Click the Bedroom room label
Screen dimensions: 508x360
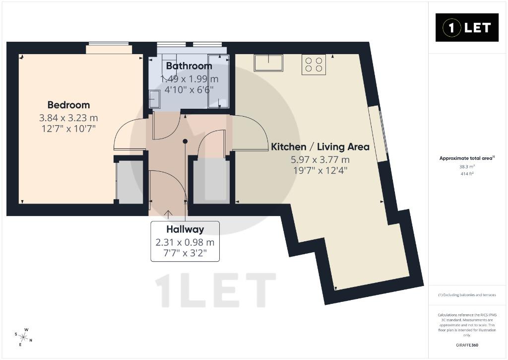(68, 105)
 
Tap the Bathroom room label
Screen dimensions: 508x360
(189, 66)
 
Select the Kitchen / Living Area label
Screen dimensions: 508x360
(320, 147)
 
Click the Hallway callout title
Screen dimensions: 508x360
(185, 229)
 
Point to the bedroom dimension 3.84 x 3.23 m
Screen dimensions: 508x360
(68, 118)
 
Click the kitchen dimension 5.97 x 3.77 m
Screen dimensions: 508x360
(320, 159)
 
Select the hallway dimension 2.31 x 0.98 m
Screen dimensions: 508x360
(185, 242)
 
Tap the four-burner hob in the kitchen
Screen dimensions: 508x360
(314, 65)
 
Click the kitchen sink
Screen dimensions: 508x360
(268, 63)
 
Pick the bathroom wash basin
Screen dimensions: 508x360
(155, 99)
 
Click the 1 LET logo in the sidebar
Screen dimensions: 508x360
(467, 28)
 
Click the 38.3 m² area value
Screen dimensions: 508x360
(467, 167)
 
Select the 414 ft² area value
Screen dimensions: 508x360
(467, 174)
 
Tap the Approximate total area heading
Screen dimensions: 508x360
(467, 158)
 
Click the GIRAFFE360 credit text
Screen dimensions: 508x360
(467, 345)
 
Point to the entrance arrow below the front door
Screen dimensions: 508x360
(168, 214)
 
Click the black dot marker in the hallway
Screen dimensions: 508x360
(185, 141)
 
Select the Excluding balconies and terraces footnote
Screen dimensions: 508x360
(467, 295)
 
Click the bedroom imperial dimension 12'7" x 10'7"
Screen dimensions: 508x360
(68, 129)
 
